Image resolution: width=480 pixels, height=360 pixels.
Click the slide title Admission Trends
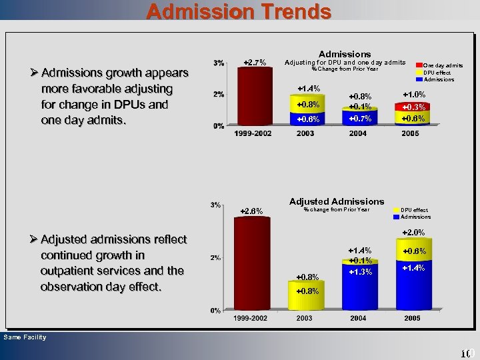239,11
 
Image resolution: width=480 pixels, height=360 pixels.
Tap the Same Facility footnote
25,337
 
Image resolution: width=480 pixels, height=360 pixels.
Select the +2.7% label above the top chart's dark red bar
255,63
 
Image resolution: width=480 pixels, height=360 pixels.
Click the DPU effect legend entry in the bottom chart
415,209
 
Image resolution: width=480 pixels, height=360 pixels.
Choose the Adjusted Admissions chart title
337,201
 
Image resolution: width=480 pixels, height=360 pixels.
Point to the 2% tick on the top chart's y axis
219,94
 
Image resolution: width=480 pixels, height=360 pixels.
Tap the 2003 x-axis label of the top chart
304,134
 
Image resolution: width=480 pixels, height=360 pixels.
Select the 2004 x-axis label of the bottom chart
359,319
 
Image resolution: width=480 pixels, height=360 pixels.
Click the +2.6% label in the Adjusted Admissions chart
251,211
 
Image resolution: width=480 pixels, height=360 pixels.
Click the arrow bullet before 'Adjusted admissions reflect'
33,239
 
